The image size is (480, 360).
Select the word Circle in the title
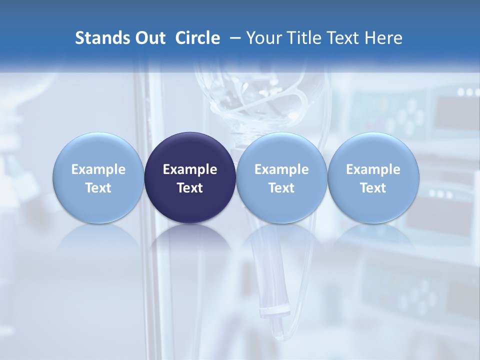click(197, 38)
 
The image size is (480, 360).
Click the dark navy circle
click(190, 150)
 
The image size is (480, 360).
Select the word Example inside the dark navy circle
click(190, 169)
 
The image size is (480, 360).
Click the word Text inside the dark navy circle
click(190, 188)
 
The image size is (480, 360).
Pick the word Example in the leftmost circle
click(98, 169)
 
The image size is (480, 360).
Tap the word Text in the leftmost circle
click(98, 188)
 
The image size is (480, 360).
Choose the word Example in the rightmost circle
click(373, 169)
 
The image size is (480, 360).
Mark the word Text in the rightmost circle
click(373, 188)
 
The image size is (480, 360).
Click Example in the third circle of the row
click(281, 169)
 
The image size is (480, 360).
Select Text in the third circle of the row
click(281, 188)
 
